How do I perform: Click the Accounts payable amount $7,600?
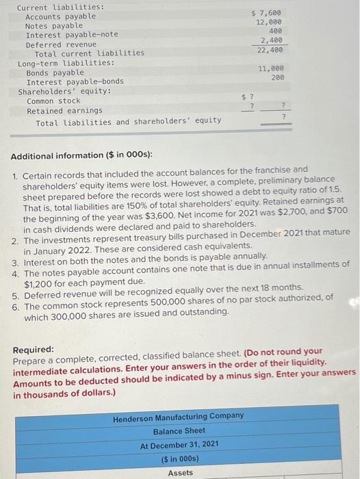click(x=266, y=12)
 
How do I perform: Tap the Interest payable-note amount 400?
click(x=275, y=31)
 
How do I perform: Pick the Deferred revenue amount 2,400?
click(x=271, y=41)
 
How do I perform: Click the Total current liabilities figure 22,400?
click(x=269, y=50)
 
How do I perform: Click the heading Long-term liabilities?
click(x=56, y=62)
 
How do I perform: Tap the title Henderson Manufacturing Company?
click(x=178, y=415)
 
